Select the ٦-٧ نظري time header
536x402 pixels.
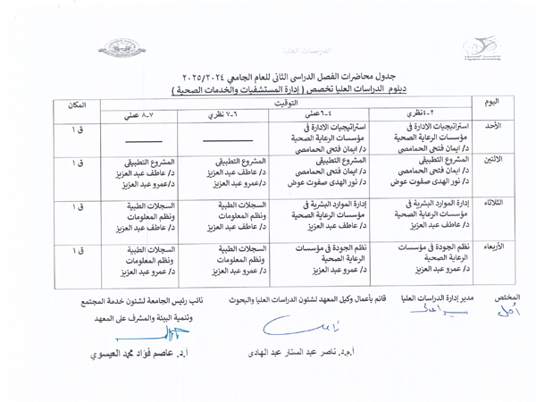[226, 116]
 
